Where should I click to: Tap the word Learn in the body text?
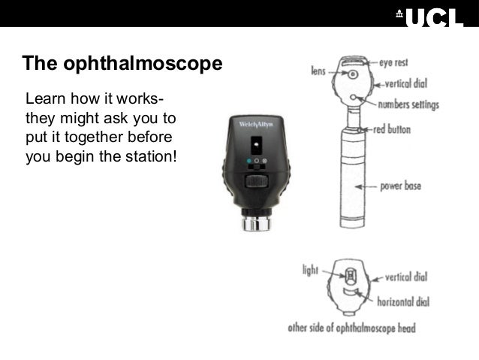click(44, 99)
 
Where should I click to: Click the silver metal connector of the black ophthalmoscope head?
click(256, 222)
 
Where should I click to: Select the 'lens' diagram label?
click(318, 71)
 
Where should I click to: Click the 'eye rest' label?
click(394, 59)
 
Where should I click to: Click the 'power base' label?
click(401, 185)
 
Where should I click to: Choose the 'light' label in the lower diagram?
click(309, 268)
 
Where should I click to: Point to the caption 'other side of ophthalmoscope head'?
click(351, 328)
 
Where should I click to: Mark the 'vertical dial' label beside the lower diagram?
click(407, 277)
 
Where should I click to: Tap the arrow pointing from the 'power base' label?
click(367, 186)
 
